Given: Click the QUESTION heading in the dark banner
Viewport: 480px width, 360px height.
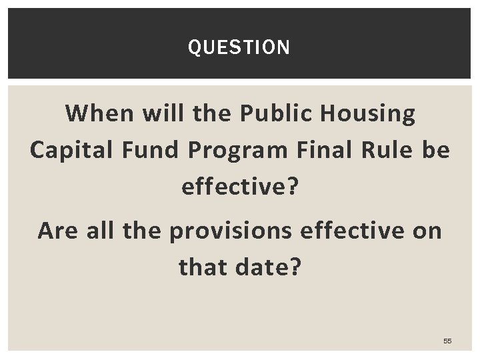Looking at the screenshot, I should (x=239, y=48).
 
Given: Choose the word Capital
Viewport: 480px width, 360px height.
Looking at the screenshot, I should (x=70, y=151).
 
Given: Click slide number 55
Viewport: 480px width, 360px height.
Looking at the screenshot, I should (x=447, y=341).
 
